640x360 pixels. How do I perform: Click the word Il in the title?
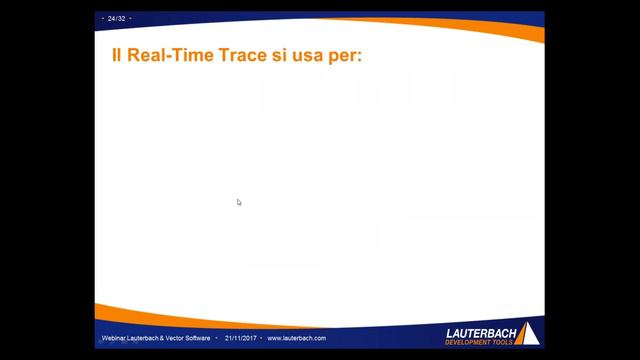[x=117, y=55]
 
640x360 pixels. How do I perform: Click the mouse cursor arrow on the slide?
[x=239, y=202]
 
